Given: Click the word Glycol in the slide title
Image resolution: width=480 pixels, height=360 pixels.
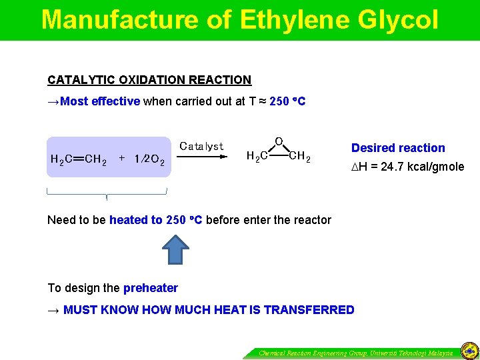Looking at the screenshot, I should (398, 20).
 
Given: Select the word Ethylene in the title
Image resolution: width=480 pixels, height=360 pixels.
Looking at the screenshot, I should (294, 20).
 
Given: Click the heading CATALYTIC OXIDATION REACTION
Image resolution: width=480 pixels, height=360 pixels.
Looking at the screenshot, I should (149, 80).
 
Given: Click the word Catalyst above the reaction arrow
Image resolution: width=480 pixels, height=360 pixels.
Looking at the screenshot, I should (201, 145).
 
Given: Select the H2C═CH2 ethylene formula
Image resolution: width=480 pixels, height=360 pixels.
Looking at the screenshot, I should (79, 159).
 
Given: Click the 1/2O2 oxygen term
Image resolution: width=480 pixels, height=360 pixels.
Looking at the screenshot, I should (149, 159).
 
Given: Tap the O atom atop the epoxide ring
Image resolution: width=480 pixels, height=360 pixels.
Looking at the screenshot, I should (279, 141).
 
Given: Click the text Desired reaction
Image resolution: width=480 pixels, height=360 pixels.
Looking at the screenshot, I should (398, 148).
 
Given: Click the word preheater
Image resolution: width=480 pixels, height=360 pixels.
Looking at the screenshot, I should (151, 288).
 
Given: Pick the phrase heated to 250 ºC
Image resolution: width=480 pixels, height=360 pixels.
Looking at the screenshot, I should (156, 220).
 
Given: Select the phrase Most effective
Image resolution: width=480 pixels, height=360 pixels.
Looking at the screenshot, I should (100, 102).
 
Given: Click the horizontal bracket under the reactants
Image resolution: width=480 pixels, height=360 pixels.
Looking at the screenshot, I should (107, 193).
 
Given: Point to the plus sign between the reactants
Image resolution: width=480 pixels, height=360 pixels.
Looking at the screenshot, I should (122, 159).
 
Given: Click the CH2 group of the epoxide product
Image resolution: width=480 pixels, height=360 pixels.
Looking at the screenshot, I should (299, 157).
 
